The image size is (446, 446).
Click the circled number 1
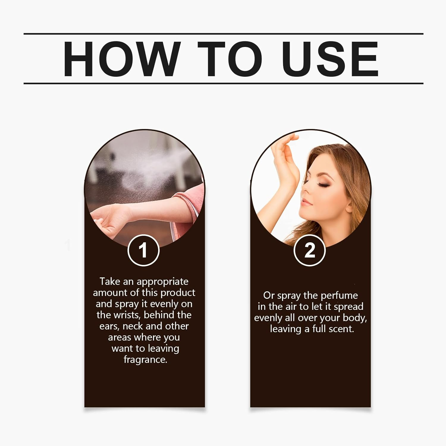pos(144,250)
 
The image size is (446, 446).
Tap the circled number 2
pos(310,250)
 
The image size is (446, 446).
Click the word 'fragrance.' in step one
pos(145,360)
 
